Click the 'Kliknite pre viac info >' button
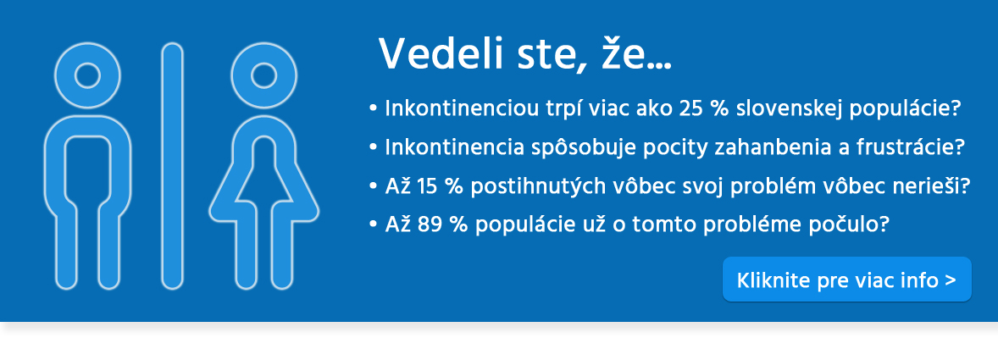click(846, 280)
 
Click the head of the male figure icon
click(87, 75)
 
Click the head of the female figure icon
click(264, 75)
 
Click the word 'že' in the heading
click(624, 53)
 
